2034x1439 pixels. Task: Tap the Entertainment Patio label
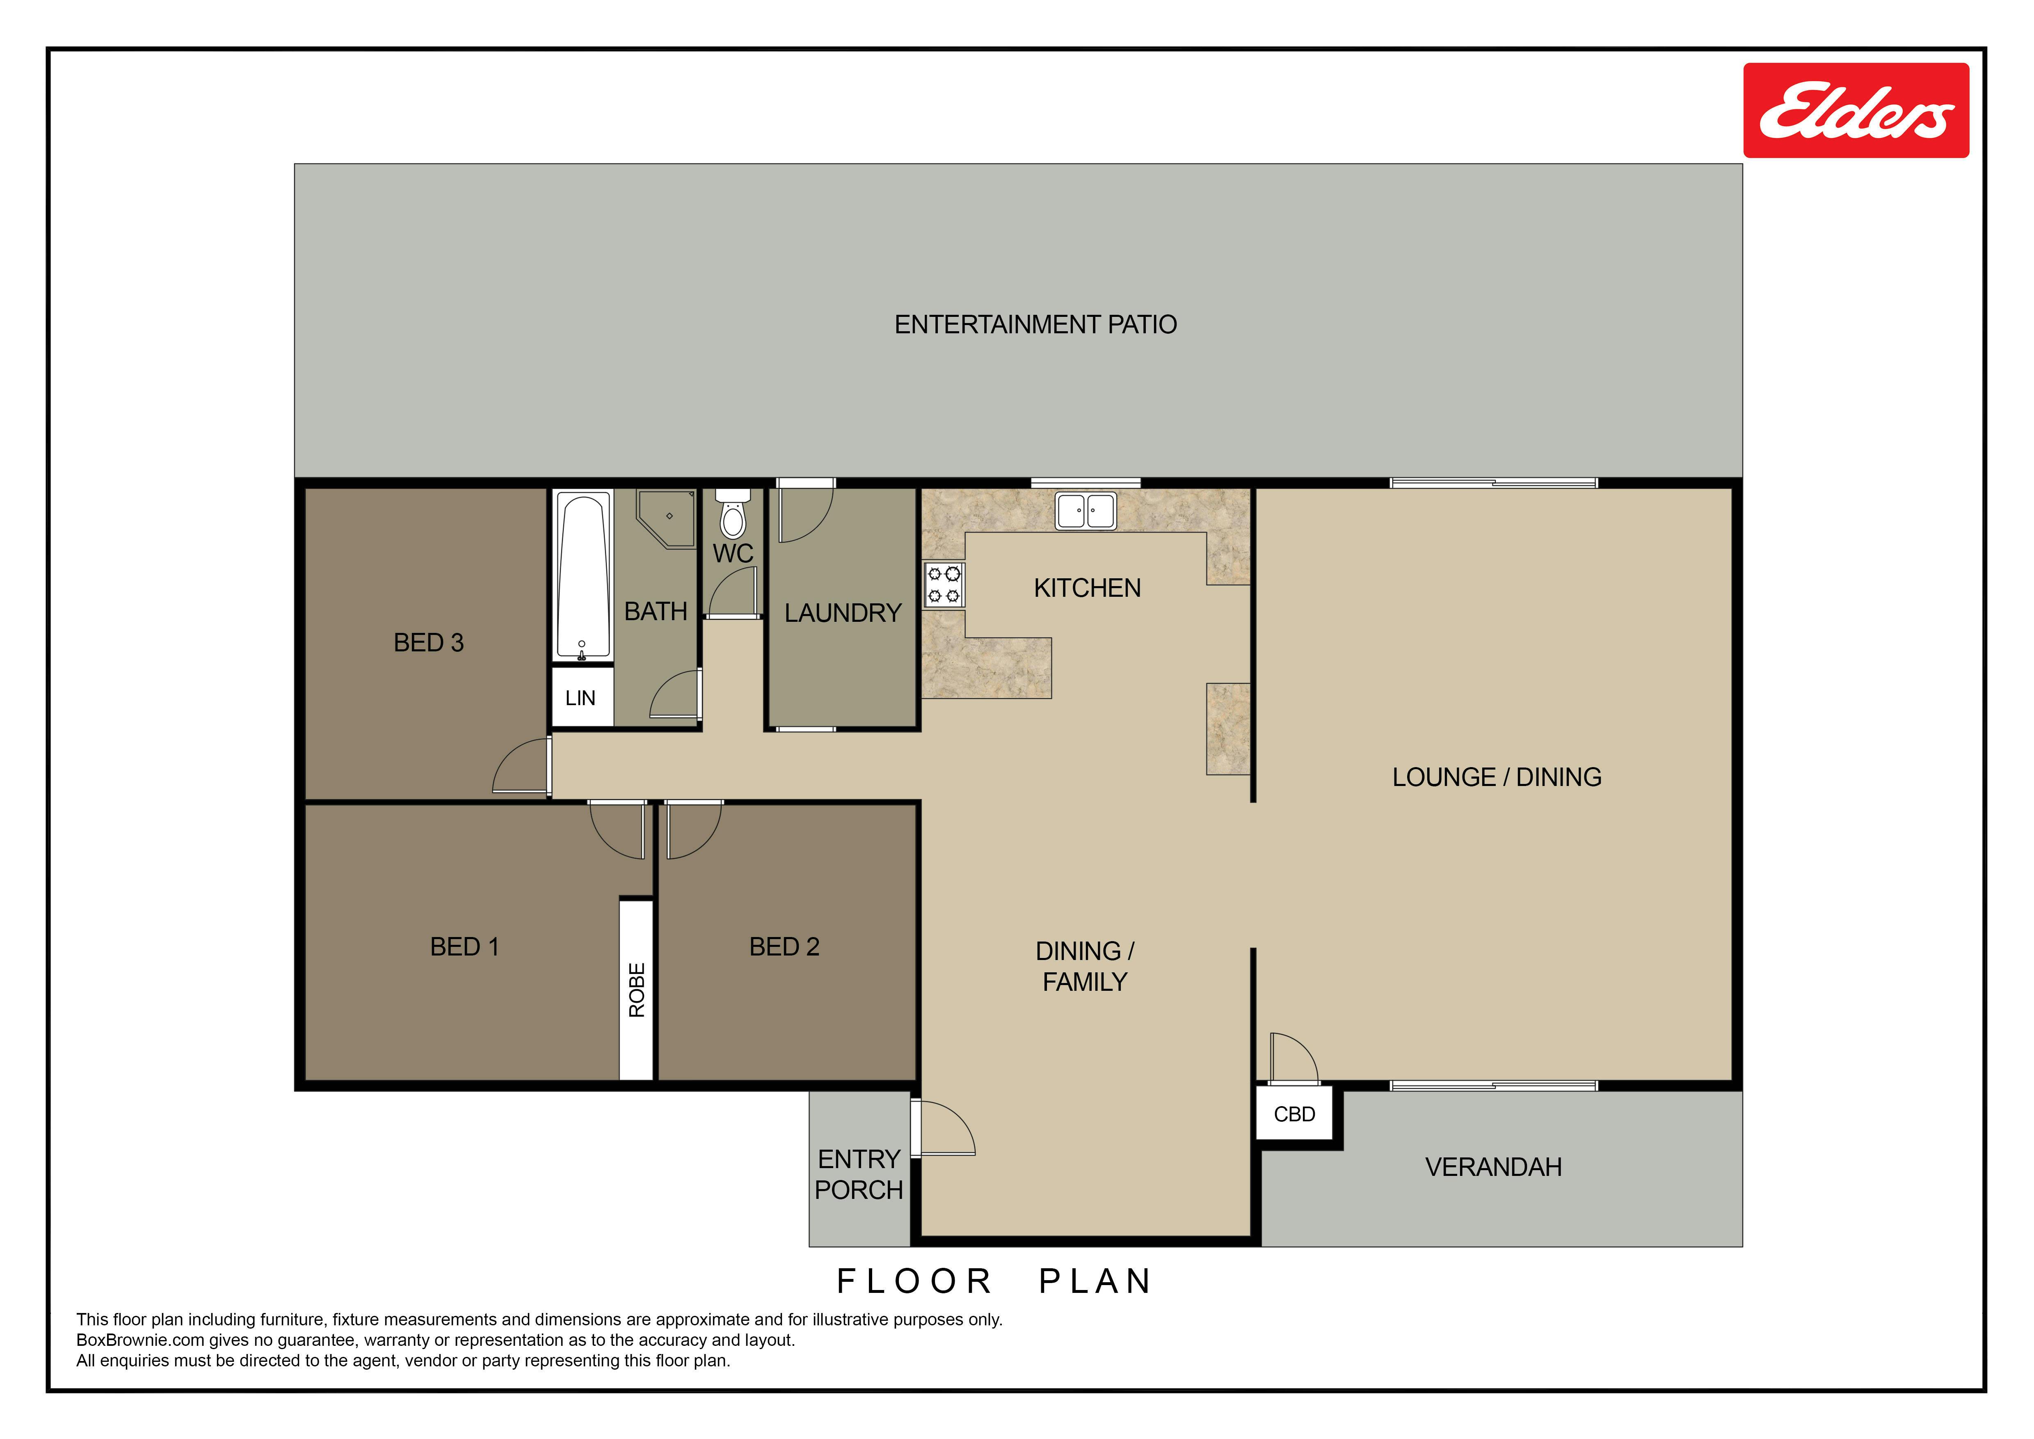click(x=1035, y=324)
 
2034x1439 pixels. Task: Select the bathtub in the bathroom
click(x=583, y=576)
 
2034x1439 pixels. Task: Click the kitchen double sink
click(x=1085, y=511)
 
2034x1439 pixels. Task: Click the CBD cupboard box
click(x=1294, y=1114)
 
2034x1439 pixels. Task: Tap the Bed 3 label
click(x=429, y=642)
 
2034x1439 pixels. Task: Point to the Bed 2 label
click(x=784, y=946)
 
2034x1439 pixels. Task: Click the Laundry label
click(x=843, y=612)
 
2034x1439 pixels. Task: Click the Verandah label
click(x=1494, y=1167)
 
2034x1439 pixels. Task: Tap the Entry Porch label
click(x=858, y=1174)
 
